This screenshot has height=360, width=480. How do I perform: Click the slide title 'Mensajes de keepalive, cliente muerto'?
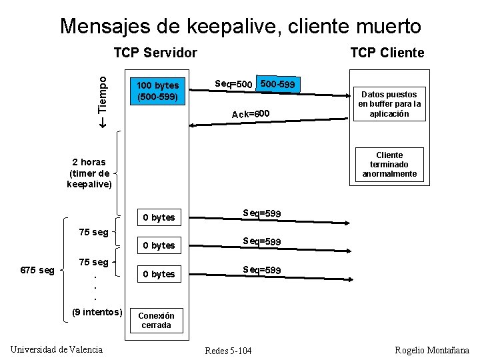point(240,26)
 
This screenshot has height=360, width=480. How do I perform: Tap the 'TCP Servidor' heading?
point(155,53)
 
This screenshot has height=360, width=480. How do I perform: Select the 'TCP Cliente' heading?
point(387,53)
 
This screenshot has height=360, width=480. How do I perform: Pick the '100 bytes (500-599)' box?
point(157,91)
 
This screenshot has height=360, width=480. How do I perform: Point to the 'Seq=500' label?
point(233,84)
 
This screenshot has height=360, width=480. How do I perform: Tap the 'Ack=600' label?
point(251,114)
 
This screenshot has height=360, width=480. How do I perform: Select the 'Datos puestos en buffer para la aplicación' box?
point(389,104)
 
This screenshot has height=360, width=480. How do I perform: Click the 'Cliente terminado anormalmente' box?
point(389,164)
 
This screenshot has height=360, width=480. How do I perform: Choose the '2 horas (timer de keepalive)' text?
point(89,173)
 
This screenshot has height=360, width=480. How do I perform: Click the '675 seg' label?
point(37,270)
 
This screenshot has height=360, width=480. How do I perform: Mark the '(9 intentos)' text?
point(97,312)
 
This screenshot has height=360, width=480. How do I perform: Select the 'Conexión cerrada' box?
point(156,321)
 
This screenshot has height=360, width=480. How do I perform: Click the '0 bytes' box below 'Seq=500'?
point(159,217)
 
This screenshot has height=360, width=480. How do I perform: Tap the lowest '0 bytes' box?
point(159,274)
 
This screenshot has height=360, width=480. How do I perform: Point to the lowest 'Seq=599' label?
point(261,270)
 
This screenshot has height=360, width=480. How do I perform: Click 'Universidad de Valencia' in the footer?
point(57,349)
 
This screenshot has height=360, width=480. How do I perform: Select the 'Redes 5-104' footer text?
point(229,351)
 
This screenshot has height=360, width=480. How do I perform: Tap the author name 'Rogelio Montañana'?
point(432,350)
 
